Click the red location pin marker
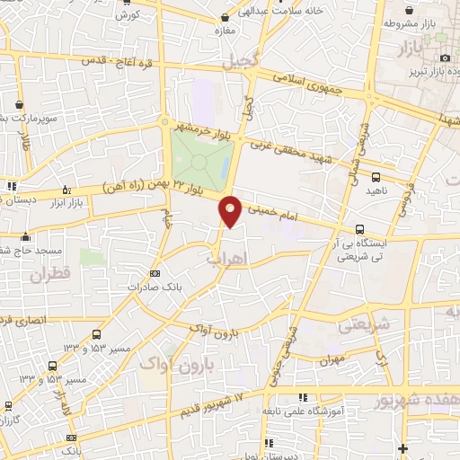pos(231,211)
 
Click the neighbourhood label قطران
pos(49,275)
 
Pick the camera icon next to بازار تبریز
pos(445,58)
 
